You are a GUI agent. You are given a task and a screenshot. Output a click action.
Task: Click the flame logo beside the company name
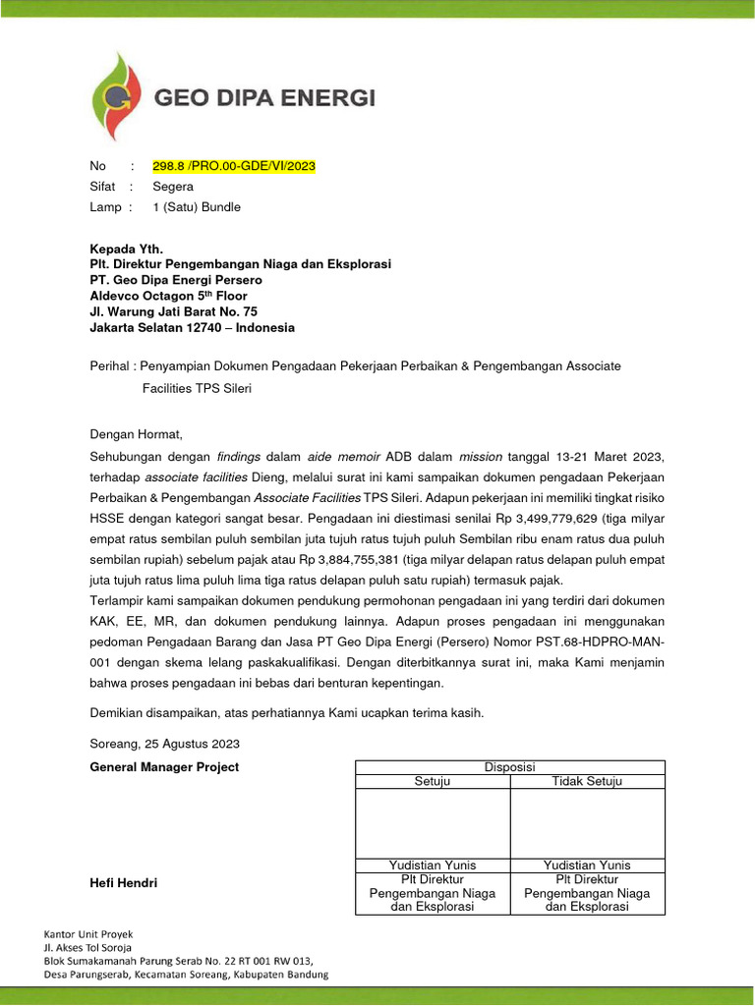[x=117, y=97]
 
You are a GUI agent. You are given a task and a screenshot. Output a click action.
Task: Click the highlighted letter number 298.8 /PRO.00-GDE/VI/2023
[x=234, y=165]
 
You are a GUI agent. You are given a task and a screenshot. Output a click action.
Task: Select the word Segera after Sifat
[x=173, y=186]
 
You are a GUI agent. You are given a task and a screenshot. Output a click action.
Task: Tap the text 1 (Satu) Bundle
[x=197, y=207]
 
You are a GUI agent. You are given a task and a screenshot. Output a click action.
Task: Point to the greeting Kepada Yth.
[x=126, y=249]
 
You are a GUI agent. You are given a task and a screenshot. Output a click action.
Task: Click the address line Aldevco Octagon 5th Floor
[x=168, y=296]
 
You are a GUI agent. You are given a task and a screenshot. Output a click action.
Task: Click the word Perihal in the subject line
[x=110, y=365]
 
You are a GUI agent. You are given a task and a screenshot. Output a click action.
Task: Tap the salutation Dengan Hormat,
[x=137, y=434]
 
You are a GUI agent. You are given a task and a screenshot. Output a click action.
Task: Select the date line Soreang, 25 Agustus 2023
[x=164, y=744]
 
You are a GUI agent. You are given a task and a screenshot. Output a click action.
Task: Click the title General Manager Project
[x=164, y=767]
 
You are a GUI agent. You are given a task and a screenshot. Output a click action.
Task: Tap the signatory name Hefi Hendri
[x=124, y=883]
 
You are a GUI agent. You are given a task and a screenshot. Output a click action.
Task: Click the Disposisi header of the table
[x=509, y=767]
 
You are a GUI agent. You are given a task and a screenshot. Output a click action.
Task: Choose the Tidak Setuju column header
[x=587, y=781]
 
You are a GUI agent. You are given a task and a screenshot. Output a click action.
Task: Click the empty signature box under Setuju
[x=432, y=823]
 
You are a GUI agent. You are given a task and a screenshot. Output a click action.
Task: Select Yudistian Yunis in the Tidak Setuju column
[x=587, y=866]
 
